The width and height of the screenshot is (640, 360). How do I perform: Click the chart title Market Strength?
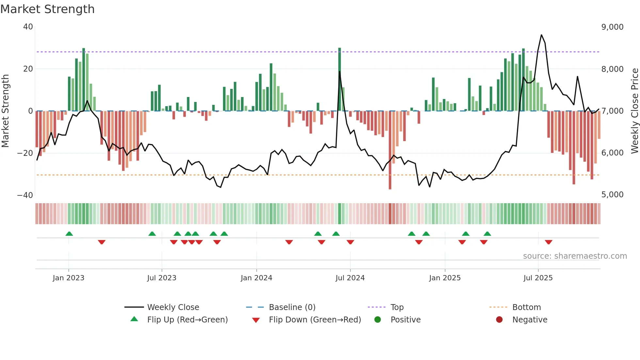click(47, 9)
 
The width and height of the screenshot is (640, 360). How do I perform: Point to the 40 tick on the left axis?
click(28, 27)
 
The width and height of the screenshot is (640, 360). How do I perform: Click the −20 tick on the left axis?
click(25, 153)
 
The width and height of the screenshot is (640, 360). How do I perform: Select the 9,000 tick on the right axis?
click(612, 27)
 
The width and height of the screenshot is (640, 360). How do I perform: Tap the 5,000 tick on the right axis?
click(612, 195)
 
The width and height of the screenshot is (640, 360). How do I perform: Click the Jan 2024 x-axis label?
click(256, 278)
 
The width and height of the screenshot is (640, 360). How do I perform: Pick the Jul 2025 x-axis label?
click(538, 278)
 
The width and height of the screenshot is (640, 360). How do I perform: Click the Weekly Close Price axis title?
click(634, 111)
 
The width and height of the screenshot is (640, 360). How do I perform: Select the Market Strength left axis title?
click(6, 111)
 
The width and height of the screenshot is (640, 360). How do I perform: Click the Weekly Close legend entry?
click(173, 307)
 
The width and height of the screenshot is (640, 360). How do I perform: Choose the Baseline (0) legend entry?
click(292, 307)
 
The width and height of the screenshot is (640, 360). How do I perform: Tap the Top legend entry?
click(397, 307)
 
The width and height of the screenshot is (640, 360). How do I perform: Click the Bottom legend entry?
click(526, 307)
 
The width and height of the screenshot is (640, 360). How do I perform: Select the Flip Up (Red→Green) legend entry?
click(187, 319)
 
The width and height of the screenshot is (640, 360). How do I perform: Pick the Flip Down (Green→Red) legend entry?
click(315, 319)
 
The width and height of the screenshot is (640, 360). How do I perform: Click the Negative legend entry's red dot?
click(499, 319)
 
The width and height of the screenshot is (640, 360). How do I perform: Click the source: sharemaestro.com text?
click(575, 256)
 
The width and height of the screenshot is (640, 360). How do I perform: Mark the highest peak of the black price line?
click(541, 35)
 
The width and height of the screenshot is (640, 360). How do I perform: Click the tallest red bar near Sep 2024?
click(390, 150)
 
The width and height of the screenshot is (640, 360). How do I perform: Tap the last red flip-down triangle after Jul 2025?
click(549, 242)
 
